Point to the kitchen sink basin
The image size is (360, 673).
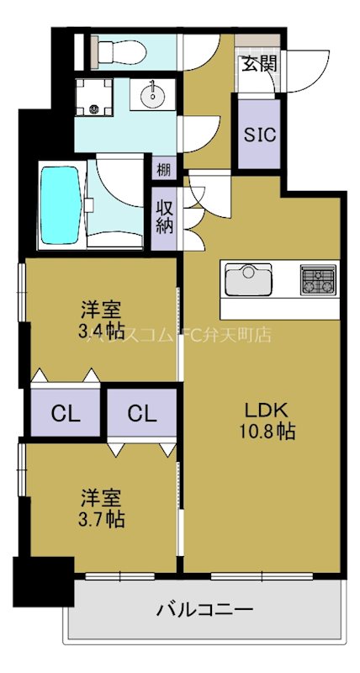pyautogui.click(x=246, y=279)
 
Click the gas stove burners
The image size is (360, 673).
pyautogui.click(x=318, y=279)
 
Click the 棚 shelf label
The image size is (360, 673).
pyautogui.click(x=163, y=169)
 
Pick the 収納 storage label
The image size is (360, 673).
pyautogui.click(x=164, y=215)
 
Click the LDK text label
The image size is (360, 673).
pyautogui.click(x=266, y=411)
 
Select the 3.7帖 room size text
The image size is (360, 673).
pyautogui.click(x=101, y=519)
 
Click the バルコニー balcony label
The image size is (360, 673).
pyautogui.click(x=204, y=608)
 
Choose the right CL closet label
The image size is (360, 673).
pyautogui.click(x=141, y=414)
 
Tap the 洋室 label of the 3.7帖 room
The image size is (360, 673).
pyautogui.click(x=101, y=496)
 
